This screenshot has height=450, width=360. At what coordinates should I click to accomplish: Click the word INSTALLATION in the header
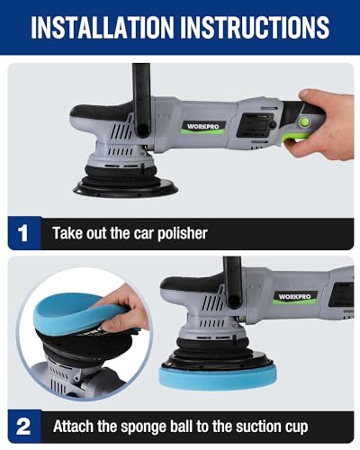(103, 27)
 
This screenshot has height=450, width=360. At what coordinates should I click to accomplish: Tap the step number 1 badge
(23, 233)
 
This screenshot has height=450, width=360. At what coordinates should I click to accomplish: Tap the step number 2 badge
(23, 427)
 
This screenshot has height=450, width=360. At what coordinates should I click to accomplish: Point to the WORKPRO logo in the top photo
(202, 126)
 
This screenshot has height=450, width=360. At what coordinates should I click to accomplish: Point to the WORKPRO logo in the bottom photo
(295, 296)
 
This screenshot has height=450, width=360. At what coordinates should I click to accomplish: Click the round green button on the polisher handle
(305, 121)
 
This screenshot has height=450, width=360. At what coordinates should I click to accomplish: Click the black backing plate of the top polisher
(126, 188)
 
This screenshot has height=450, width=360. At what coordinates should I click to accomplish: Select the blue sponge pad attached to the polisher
(218, 375)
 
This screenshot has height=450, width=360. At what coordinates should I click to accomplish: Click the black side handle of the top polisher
(141, 99)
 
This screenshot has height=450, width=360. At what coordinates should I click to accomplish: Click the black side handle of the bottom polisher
(232, 282)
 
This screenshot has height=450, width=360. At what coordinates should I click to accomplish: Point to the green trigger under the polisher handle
(297, 137)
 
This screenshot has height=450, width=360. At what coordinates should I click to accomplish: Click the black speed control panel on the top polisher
(256, 125)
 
